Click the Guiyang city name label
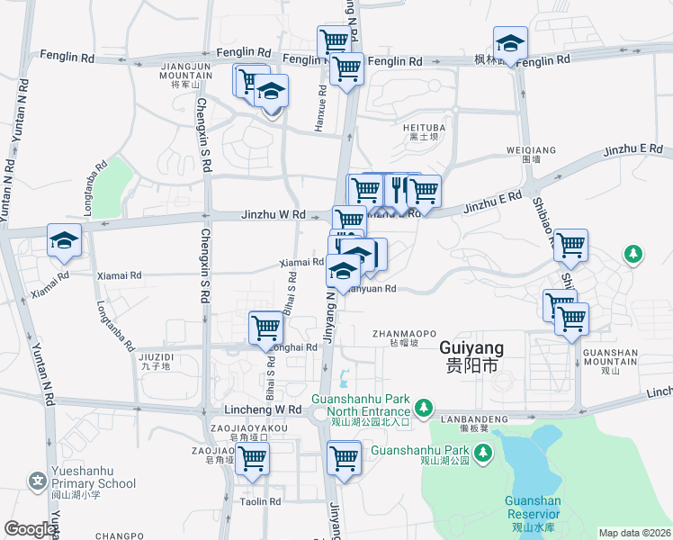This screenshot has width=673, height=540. tap(471, 356)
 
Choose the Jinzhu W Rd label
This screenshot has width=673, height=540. tap(274, 215)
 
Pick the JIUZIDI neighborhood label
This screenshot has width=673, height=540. tap(157, 362)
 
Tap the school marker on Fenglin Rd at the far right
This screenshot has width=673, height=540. tap(510, 44)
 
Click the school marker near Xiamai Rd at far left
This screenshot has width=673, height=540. tap(65, 239)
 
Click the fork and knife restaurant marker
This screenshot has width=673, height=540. tap(396, 189)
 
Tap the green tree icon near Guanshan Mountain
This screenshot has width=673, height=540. tap(634, 255)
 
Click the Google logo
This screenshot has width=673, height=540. tap(31, 529)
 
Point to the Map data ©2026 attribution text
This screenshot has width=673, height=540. tap(634, 533)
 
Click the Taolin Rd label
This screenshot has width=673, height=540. tap(261, 501)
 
